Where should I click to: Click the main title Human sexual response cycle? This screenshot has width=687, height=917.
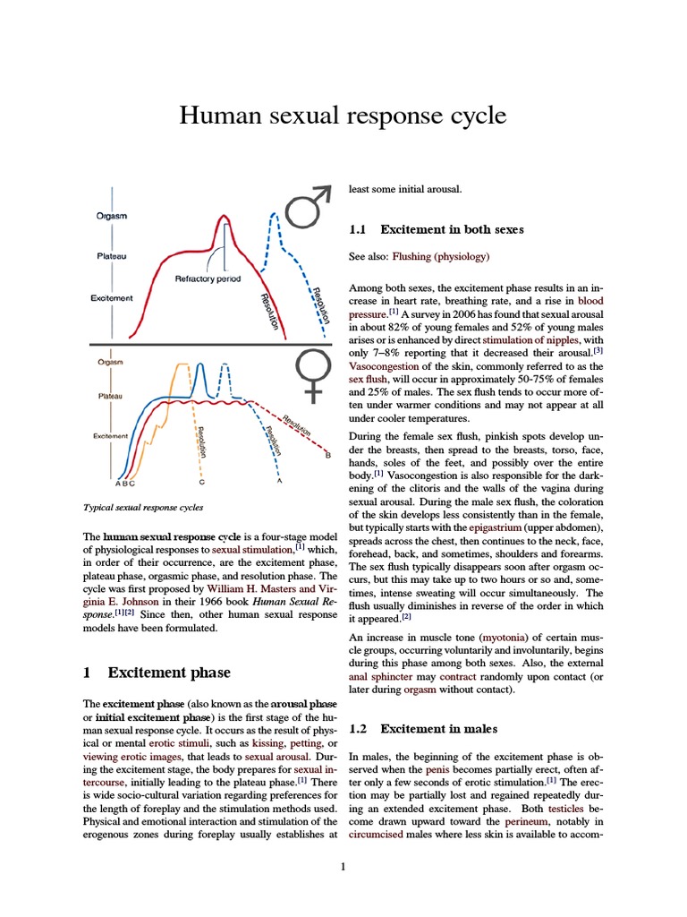(x=343, y=116)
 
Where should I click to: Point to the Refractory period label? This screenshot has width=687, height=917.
(x=208, y=279)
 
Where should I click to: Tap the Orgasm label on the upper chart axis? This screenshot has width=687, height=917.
(x=111, y=216)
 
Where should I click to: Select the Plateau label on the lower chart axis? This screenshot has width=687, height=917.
(x=111, y=395)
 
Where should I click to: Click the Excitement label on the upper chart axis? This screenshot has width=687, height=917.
(x=112, y=298)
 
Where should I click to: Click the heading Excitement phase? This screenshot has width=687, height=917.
(x=169, y=673)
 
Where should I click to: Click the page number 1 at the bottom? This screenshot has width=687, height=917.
(x=343, y=866)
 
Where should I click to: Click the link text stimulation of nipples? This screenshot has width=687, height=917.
(x=530, y=340)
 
